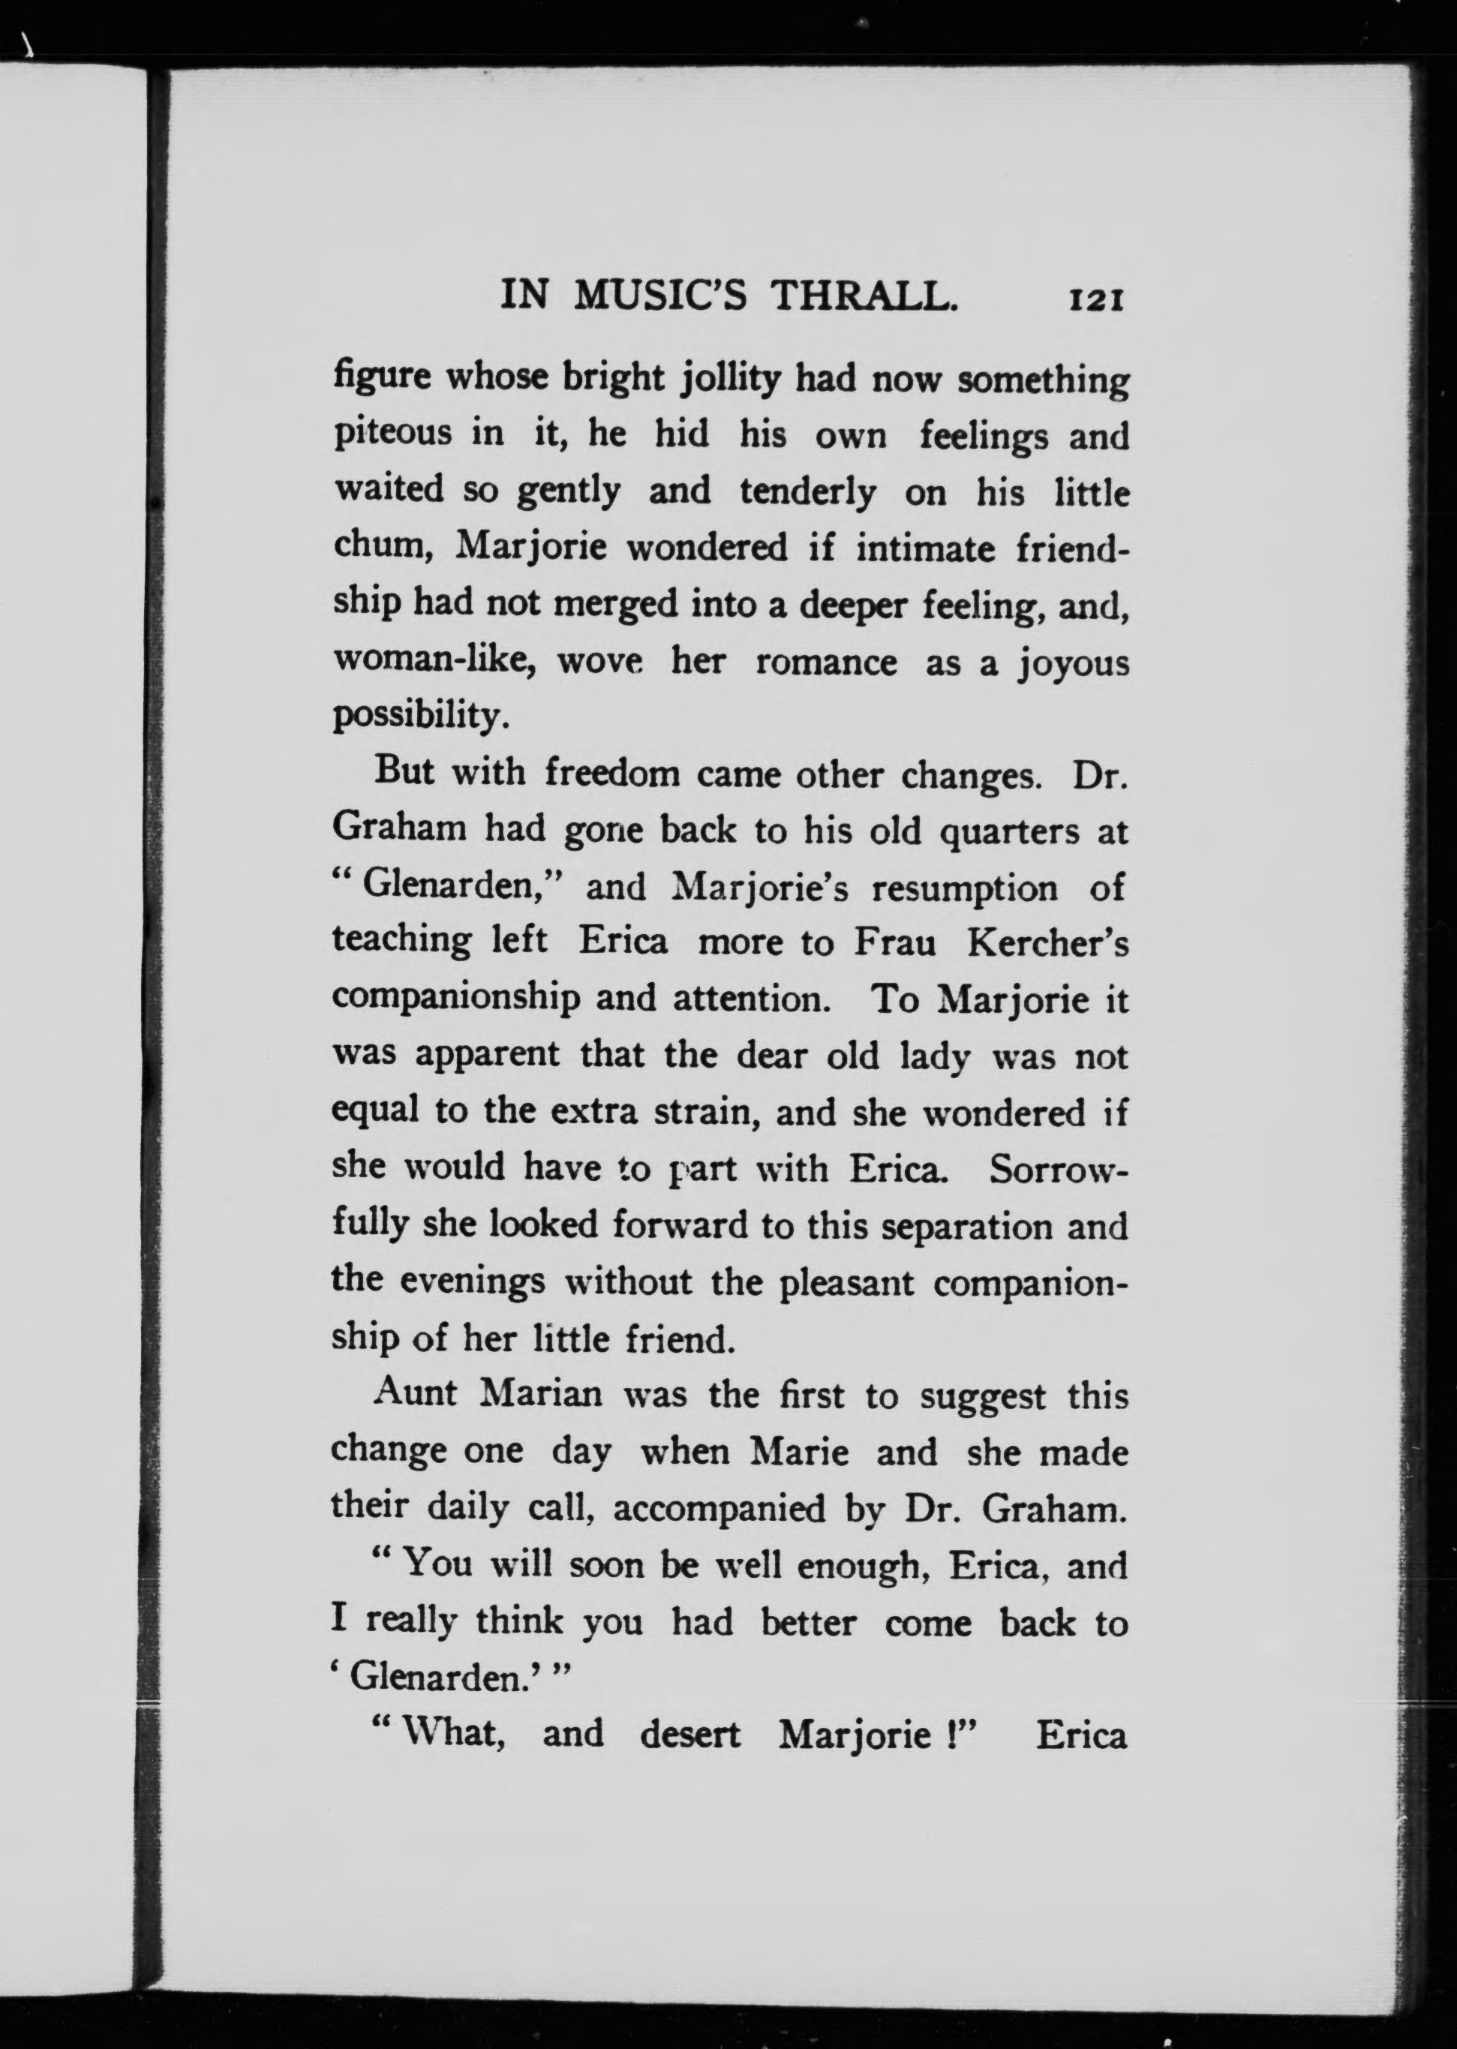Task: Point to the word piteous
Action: (x=393, y=435)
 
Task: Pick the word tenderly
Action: (x=807, y=491)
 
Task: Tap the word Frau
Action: (x=894, y=944)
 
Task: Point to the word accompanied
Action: (x=719, y=1509)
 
